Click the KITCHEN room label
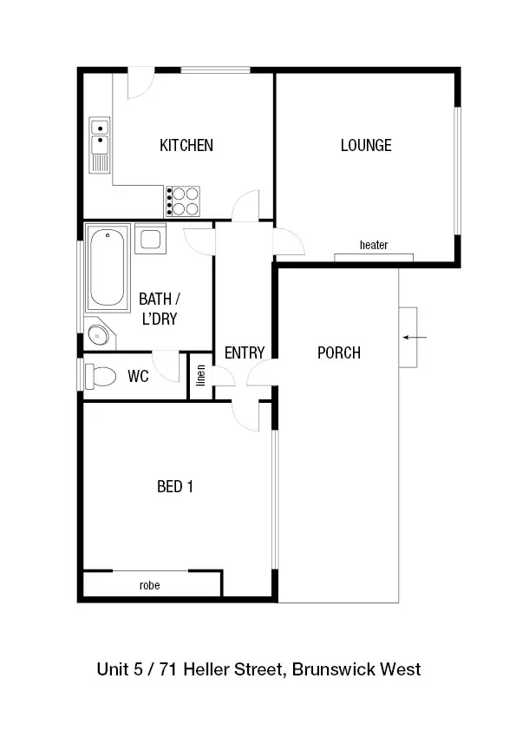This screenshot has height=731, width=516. [x=186, y=145]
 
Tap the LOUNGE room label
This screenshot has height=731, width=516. [x=365, y=145]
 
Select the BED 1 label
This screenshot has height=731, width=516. [x=174, y=486]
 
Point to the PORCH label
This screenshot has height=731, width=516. [x=338, y=352]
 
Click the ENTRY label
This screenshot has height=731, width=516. [x=244, y=352]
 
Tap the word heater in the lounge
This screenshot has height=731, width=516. [x=374, y=246]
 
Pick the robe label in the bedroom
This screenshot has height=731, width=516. [x=149, y=585]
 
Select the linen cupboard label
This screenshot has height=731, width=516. [x=201, y=377]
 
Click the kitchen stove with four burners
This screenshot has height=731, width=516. [x=183, y=201]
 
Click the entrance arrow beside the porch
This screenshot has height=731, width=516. [x=415, y=337]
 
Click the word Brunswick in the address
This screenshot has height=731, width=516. [x=336, y=669]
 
